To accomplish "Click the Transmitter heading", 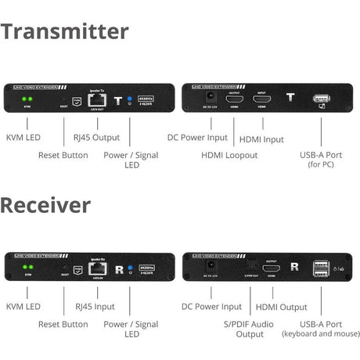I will coord(64,31).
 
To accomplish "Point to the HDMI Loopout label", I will coord(229,155).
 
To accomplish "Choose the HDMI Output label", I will coord(282,307).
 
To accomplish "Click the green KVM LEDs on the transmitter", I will coord(28,100).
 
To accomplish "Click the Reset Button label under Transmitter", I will coord(63,155).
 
